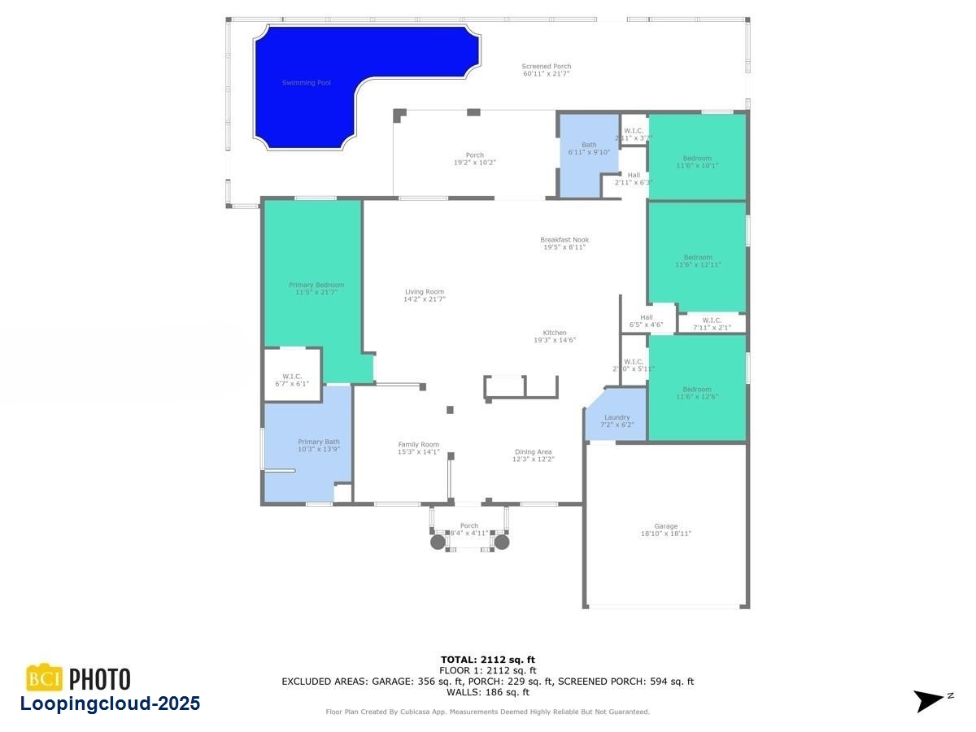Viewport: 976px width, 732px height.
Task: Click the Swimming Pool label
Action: (x=306, y=82)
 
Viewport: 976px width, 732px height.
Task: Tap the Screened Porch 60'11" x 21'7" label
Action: (x=546, y=70)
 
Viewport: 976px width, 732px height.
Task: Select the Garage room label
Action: (x=665, y=529)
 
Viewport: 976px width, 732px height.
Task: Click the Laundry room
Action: (x=617, y=420)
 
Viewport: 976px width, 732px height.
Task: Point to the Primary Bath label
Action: (x=318, y=446)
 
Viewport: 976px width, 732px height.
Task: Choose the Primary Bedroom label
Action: (x=316, y=288)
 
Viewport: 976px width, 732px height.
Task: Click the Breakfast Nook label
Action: (x=564, y=243)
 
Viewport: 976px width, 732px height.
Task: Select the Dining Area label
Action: (x=533, y=455)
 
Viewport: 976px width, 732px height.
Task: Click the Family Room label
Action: (x=418, y=448)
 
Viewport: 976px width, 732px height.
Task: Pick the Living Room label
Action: (x=425, y=295)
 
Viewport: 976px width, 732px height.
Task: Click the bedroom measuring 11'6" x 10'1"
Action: (x=697, y=161)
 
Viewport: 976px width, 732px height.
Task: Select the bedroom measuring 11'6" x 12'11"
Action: (x=698, y=260)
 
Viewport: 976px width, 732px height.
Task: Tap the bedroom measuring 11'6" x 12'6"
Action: (x=697, y=392)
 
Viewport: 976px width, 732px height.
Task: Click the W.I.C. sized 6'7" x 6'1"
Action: (x=292, y=379)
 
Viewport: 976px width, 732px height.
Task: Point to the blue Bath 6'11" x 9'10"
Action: (x=589, y=148)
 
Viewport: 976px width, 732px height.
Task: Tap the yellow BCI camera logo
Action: (x=45, y=678)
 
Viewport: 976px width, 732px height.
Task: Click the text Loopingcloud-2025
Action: (x=110, y=704)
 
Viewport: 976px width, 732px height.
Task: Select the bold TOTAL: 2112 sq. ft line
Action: (x=488, y=660)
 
